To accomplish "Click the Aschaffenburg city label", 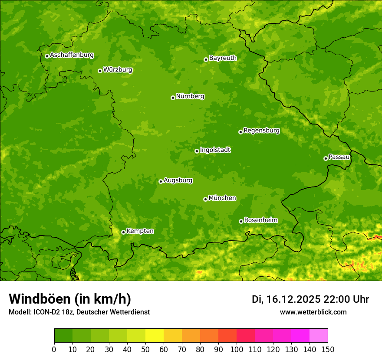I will click(x=72, y=55).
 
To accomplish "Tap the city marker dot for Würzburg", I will click(x=100, y=71).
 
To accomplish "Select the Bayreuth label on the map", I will click(x=223, y=58).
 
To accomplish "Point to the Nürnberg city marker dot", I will click(x=173, y=98).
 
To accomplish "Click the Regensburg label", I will click(x=261, y=131).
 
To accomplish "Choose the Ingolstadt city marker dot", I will click(x=197, y=151).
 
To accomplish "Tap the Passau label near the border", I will click(x=339, y=157).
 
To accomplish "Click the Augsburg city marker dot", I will click(x=161, y=181).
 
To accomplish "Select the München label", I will click(x=222, y=198).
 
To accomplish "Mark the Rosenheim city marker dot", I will click(x=241, y=221).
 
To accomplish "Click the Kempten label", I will click(x=140, y=231).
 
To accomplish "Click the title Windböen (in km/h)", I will click(x=70, y=299).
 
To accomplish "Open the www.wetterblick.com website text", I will click(x=313, y=312).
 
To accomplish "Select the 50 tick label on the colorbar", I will click(x=145, y=350).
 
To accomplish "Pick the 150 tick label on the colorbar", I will click(x=328, y=350).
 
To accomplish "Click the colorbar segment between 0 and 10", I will click(x=63, y=336).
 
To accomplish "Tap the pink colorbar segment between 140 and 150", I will click(x=319, y=336).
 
